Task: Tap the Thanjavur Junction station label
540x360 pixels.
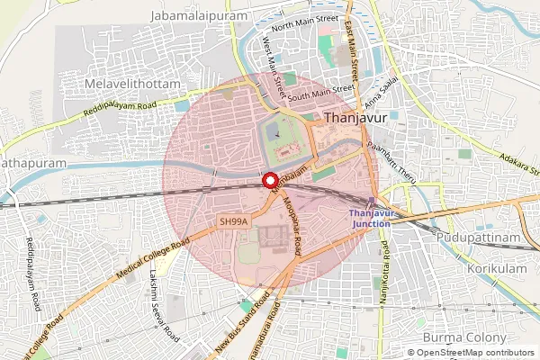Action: (x=372, y=217)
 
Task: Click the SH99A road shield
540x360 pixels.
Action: (x=232, y=220)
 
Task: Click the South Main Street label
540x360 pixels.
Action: (x=321, y=91)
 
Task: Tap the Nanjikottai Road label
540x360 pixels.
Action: (x=384, y=270)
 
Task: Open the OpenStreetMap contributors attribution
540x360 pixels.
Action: (x=473, y=353)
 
